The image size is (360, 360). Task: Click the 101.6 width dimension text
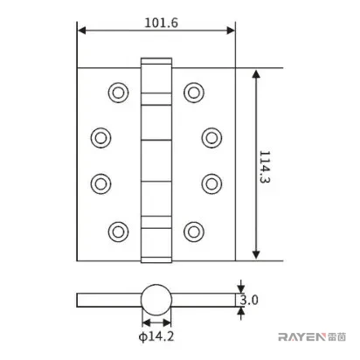[x=161, y=23]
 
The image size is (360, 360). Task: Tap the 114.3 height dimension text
[x=265, y=167]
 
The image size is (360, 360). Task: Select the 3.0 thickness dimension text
[x=249, y=300]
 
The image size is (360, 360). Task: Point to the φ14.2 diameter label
[x=156, y=336]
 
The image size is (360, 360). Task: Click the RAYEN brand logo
[x=312, y=337]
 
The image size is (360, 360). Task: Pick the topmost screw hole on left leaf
[x=118, y=93]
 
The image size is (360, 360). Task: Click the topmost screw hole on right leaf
[x=194, y=93]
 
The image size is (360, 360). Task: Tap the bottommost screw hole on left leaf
[x=118, y=232]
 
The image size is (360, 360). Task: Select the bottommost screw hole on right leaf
[x=194, y=232]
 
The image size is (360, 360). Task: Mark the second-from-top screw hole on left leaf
[x=100, y=138]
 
